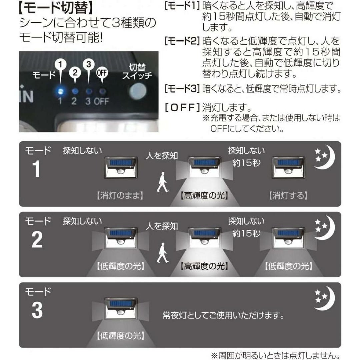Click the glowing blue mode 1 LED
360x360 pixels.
click(x=60, y=91)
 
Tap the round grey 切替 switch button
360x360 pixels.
click(x=138, y=91)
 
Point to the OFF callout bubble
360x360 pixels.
click(x=102, y=73)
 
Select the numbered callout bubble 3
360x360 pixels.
click(x=89, y=64)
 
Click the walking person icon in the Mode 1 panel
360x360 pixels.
click(x=163, y=182)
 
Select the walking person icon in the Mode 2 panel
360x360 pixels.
click(x=163, y=253)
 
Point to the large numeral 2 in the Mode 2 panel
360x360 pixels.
click(x=37, y=240)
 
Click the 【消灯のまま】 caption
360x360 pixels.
click(x=120, y=196)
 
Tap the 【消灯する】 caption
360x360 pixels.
click(x=288, y=196)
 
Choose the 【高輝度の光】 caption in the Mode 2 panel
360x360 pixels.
click(x=204, y=266)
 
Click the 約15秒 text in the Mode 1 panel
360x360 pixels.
click(x=246, y=163)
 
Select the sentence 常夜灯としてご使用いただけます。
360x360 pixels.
click(x=223, y=315)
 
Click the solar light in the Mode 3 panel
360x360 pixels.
click(x=121, y=309)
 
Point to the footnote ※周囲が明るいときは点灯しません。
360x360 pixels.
click(x=276, y=355)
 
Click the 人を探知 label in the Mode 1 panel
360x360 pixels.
click(x=162, y=156)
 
